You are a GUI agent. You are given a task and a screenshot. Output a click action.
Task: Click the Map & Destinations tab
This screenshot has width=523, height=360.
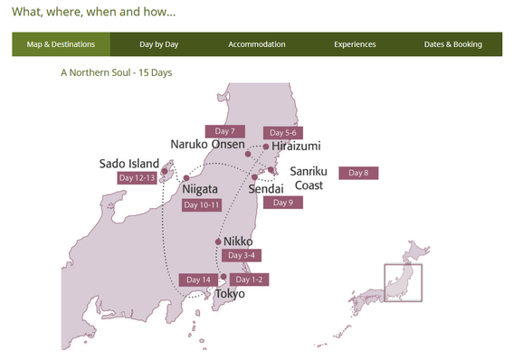[62, 44]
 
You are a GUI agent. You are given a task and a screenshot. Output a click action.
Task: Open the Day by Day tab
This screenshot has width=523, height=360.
[159, 44]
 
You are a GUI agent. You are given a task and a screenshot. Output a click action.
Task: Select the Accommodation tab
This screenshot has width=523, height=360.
[257, 44]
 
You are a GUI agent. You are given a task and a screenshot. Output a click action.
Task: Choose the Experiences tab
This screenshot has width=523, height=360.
[355, 44]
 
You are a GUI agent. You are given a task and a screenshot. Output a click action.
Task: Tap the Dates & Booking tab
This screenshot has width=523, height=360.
[453, 44]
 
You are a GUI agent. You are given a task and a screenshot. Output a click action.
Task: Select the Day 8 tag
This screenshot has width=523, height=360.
[358, 173]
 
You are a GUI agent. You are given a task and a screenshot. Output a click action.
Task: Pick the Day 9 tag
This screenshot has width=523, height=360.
[283, 203]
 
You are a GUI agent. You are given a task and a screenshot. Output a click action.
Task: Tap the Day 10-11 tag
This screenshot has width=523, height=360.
[202, 205]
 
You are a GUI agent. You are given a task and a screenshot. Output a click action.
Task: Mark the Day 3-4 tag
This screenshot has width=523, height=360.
[242, 256]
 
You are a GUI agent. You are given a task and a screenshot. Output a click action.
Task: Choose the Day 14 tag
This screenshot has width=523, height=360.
[198, 279]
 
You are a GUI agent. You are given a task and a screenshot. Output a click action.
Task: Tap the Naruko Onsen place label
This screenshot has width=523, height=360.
[206, 145]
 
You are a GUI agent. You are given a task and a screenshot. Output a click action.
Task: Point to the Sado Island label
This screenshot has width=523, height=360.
[128, 164]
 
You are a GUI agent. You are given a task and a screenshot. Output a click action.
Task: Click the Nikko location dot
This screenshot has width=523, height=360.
[218, 242]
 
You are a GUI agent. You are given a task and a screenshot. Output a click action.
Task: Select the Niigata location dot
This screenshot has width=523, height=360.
[186, 178]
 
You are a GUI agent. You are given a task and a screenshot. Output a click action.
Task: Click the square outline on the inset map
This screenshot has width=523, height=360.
[404, 283]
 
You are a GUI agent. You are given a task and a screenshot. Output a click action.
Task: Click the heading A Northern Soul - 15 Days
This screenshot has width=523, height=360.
[116, 71]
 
